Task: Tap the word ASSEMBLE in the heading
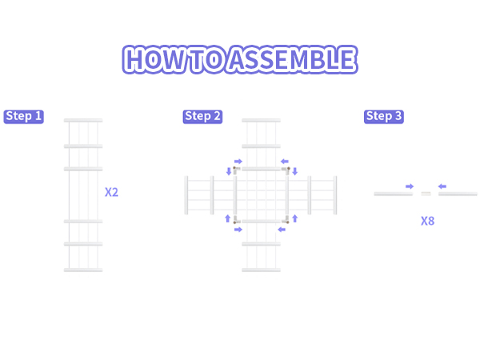293,59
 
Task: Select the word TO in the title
208,59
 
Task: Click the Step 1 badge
23,117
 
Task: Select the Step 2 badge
202,117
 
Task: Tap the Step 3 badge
384,117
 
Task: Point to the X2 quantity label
111,192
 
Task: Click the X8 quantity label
428,221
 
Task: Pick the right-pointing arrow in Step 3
410,186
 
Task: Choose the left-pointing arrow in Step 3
442,186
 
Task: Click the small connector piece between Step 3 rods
426,194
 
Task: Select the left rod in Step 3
394,194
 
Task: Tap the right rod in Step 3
458,194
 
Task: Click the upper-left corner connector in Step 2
235,170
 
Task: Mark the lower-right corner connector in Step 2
286,221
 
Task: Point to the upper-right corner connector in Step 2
287,170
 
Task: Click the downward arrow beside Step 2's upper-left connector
229,171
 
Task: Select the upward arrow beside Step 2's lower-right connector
294,218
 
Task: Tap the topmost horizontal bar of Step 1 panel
83,120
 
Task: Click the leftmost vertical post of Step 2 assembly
186,195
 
